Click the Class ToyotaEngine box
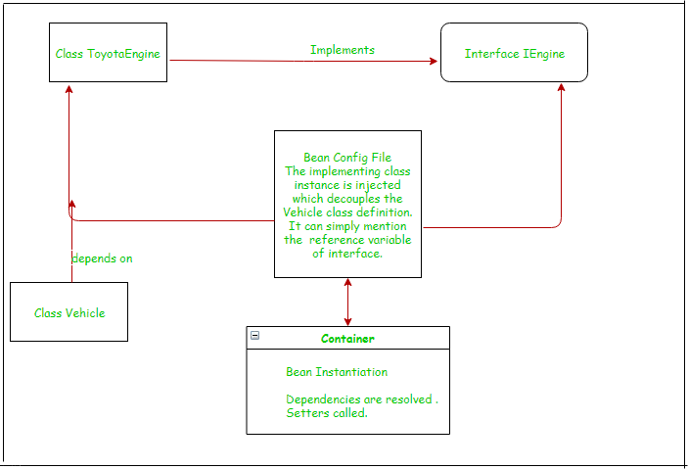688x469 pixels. click(108, 53)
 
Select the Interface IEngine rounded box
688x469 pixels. click(514, 53)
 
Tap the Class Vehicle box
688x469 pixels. click(69, 312)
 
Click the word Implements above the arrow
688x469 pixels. click(343, 50)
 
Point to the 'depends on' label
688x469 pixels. click(102, 258)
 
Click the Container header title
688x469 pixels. click(347, 339)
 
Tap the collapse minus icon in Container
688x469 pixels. click(254, 335)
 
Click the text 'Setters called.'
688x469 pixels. click(327, 413)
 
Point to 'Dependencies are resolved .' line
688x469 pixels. click(361, 399)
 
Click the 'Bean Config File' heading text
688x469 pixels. click(347, 158)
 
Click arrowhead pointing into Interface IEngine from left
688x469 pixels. click(434, 62)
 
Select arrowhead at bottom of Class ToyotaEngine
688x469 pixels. click(69, 88)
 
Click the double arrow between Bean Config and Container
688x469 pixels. click(347, 302)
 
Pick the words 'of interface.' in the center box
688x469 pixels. click(347, 254)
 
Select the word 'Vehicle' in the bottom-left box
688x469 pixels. click(85, 312)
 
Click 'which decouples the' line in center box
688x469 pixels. click(347, 199)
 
